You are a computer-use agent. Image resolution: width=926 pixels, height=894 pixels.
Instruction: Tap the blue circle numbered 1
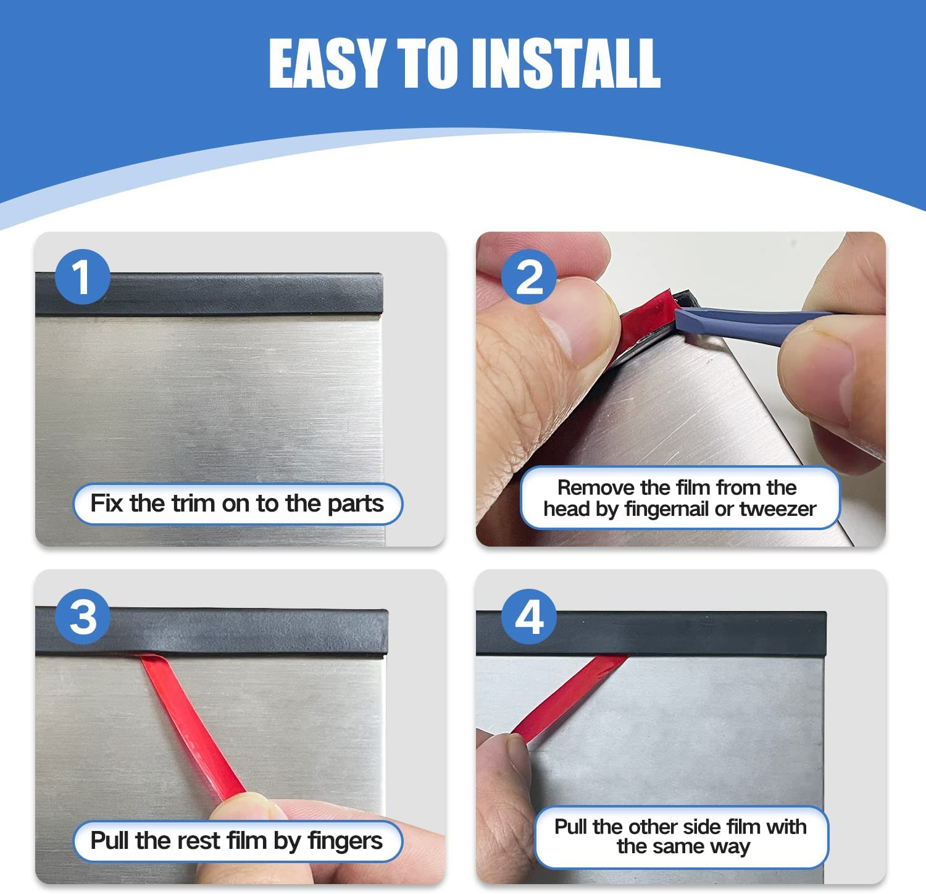click(x=83, y=277)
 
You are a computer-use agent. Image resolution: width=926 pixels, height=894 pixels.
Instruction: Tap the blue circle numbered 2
click(x=529, y=277)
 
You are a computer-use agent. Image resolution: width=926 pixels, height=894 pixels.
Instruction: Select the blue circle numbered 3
click(x=83, y=616)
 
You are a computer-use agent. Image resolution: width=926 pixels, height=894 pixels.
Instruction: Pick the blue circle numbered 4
click(x=529, y=616)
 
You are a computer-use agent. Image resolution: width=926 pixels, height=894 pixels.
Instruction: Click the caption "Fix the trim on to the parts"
click(x=237, y=504)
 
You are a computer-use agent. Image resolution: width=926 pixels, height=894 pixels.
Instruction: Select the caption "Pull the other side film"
click(x=680, y=827)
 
